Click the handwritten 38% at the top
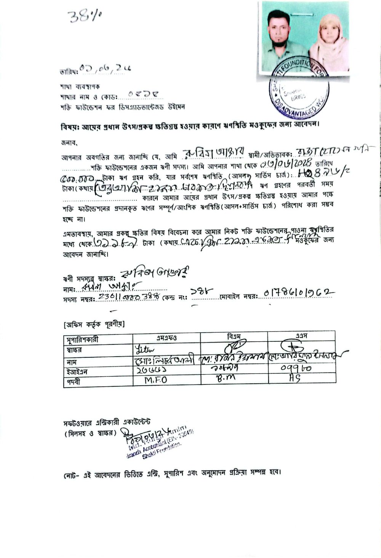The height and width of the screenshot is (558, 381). pos(85,16)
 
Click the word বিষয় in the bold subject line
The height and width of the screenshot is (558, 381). pos(69,126)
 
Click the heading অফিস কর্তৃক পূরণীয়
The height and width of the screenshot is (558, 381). pos(94,325)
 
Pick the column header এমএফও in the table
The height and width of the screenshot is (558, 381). pos(166,337)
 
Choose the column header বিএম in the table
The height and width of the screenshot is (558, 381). pos(234,336)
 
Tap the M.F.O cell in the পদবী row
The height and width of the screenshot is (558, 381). pos(156,380)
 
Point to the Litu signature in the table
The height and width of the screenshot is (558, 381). pos(144,348)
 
